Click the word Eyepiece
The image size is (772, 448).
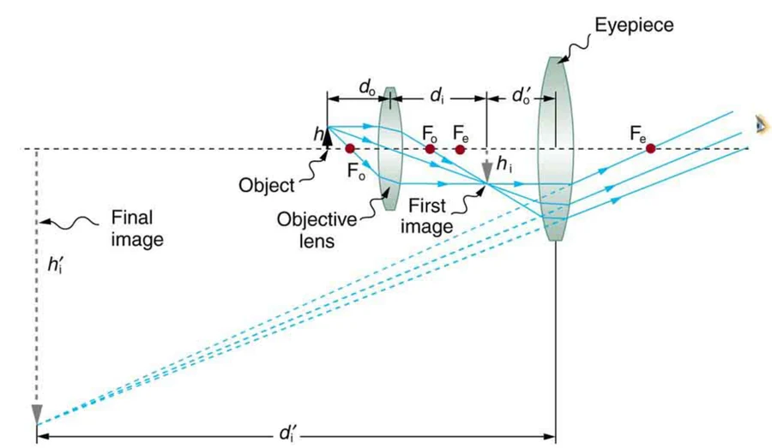(634, 25)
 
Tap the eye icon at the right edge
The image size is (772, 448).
(762, 124)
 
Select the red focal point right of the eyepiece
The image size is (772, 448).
(650, 148)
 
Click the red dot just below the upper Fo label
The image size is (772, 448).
(430, 148)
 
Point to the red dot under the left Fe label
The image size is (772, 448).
(460, 149)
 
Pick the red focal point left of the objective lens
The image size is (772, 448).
(350, 148)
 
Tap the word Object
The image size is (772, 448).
(267, 185)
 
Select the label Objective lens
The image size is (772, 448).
(317, 230)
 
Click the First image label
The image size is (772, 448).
(426, 216)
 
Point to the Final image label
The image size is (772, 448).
(137, 228)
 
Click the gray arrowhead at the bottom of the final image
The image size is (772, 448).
(37, 414)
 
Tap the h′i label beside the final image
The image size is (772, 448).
(55, 265)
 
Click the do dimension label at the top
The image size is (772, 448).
(367, 87)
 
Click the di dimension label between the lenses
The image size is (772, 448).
(437, 95)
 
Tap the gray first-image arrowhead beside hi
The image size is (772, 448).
(487, 171)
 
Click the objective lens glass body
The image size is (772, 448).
(390, 148)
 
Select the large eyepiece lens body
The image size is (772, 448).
(555, 148)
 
